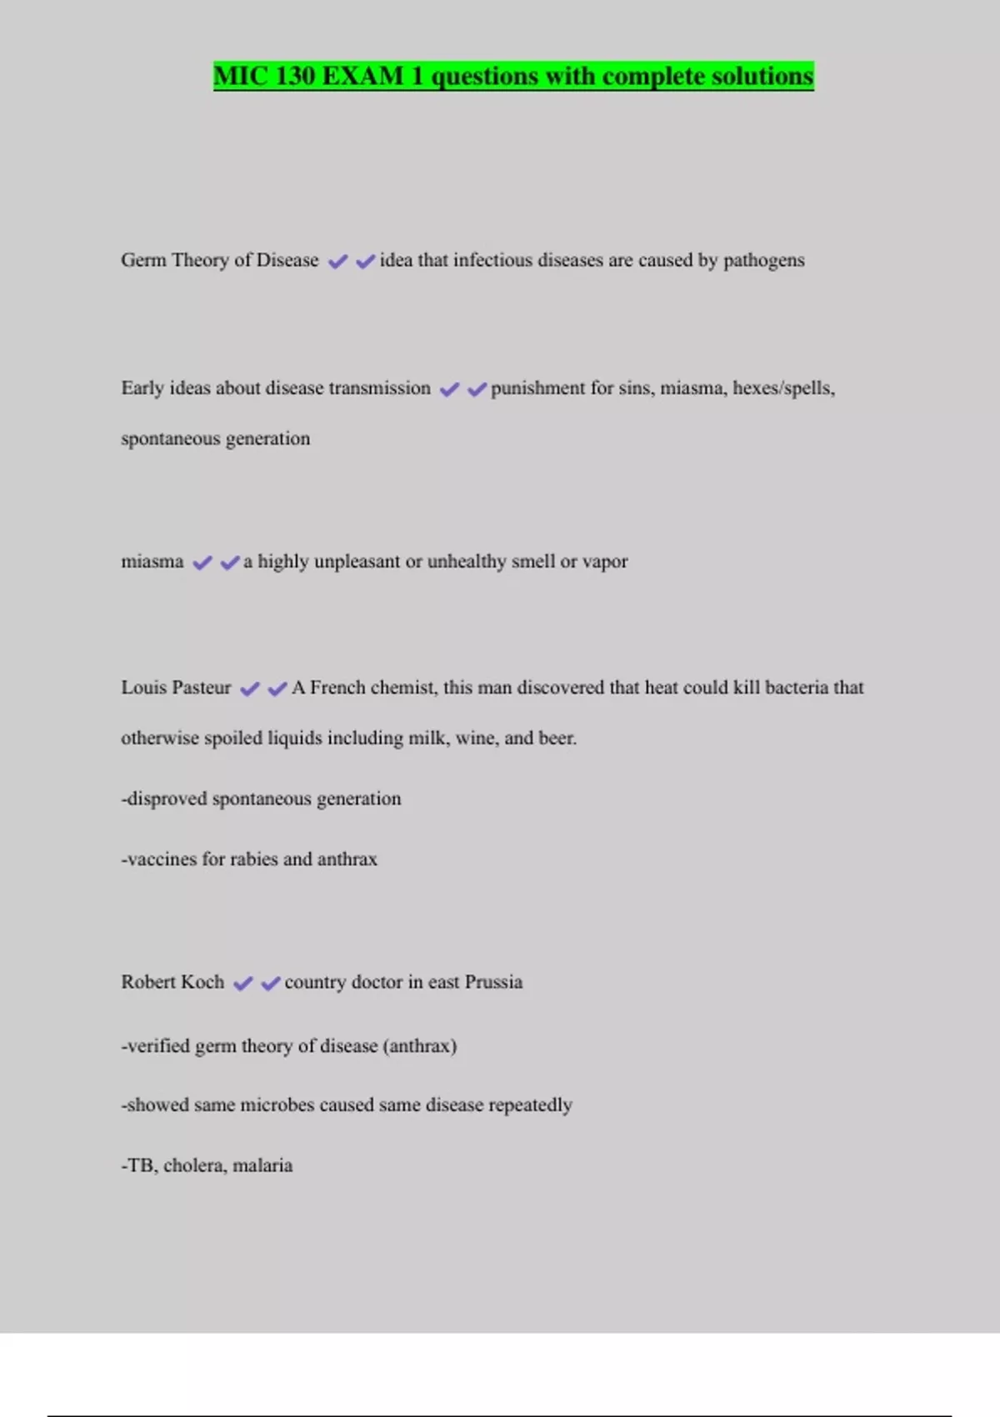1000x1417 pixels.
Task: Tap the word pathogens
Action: [x=763, y=261]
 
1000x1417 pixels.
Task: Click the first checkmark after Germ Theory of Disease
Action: [x=337, y=262]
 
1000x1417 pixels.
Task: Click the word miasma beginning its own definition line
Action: [x=152, y=562]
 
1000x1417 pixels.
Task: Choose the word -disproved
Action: [x=163, y=799]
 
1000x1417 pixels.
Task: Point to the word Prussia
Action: [x=493, y=982]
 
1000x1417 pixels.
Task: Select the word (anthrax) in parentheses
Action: [x=419, y=1046]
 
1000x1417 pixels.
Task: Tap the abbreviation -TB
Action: [x=137, y=1165]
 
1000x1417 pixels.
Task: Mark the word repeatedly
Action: [x=530, y=1105]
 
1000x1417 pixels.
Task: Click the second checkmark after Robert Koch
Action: [x=270, y=984]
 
